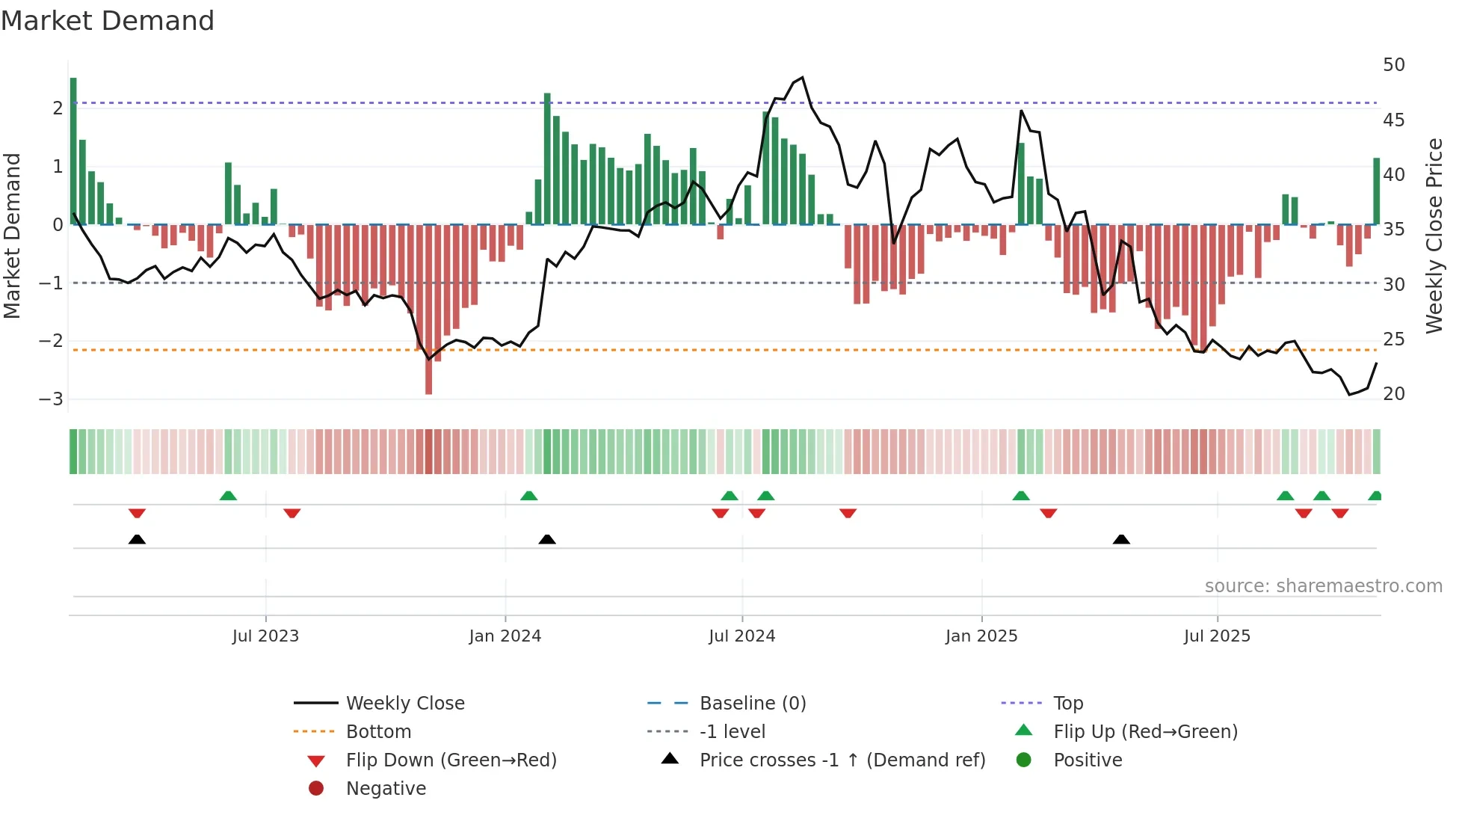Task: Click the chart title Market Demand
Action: pos(108,21)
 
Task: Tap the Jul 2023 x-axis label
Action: pos(265,636)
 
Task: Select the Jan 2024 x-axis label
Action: pos(505,636)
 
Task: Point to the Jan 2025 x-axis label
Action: pos(981,636)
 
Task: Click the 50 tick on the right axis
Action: pos(1394,65)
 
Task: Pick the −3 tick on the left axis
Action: pos(52,399)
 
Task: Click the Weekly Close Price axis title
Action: pos(1434,236)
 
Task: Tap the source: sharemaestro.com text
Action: pos(1323,586)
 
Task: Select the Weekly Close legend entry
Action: pos(405,704)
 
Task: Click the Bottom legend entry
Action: pos(378,732)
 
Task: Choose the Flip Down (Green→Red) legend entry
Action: pos(451,760)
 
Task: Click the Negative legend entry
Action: pos(386,789)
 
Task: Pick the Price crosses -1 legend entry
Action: pos(842,760)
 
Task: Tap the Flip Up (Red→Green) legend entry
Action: pos(1145,732)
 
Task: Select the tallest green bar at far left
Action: pos(73,150)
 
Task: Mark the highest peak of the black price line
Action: pos(802,78)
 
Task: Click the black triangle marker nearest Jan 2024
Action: pos(547,539)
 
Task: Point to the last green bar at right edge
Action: pos(1376,191)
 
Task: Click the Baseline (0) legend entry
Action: pos(752,704)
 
